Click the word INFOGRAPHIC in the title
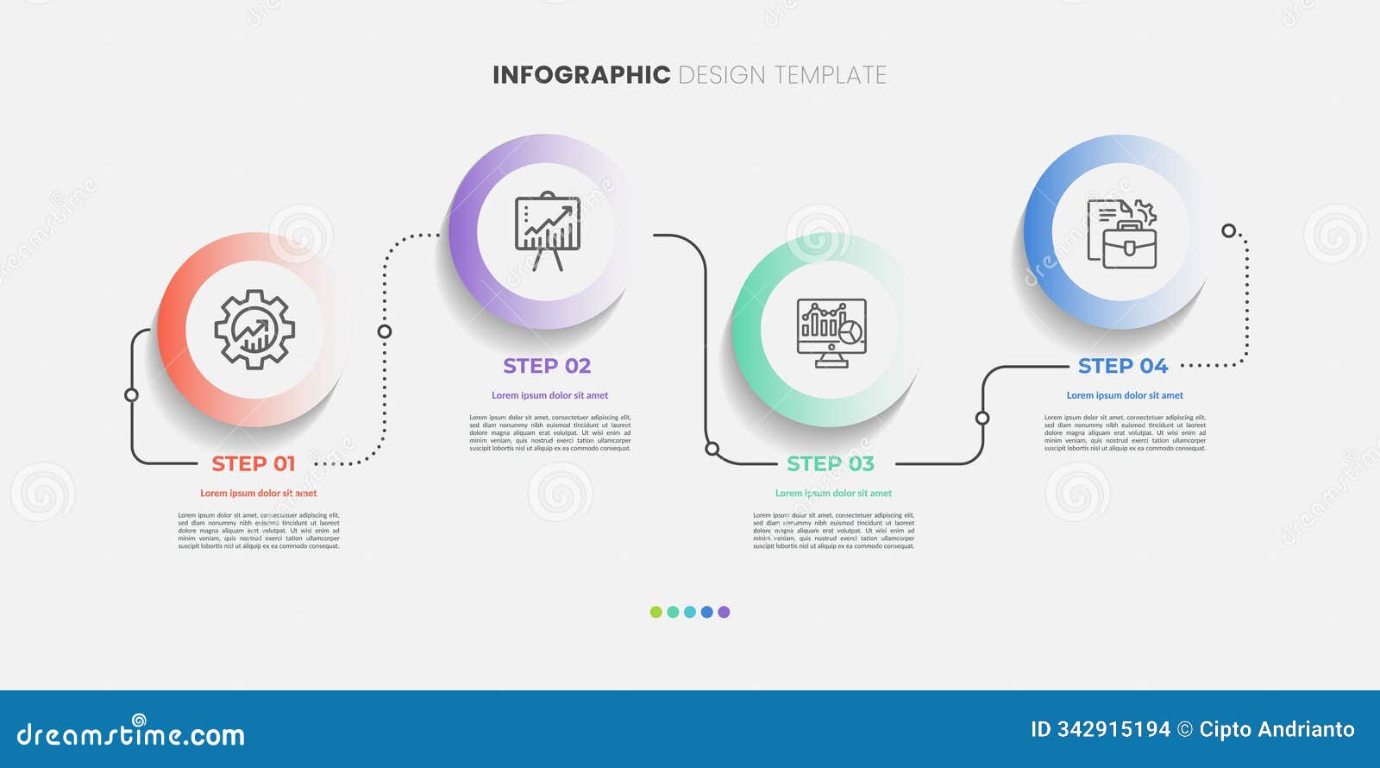click(x=580, y=75)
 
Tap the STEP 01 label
click(x=254, y=464)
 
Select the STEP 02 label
click(x=547, y=367)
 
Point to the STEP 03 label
click(x=830, y=464)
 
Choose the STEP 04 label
click(x=1122, y=367)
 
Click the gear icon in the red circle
click(x=254, y=330)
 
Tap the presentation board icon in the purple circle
click(x=548, y=231)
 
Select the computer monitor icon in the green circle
click(x=831, y=332)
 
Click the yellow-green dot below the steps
click(x=655, y=612)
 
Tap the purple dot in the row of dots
click(x=724, y=612)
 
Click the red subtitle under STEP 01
click(x=258, y=494)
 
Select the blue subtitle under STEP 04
click(x=1125, y=395)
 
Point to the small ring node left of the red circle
click(x=131, y=395)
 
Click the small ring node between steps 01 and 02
click(x=385, y=331)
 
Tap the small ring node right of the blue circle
click(x=1228, y=230)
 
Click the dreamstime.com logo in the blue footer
click(x=131, y=733)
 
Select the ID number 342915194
click(x=1113, y=730)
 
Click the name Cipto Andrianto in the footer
click(x=1276, y=730)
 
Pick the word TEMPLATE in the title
click(x=831, y=75)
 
